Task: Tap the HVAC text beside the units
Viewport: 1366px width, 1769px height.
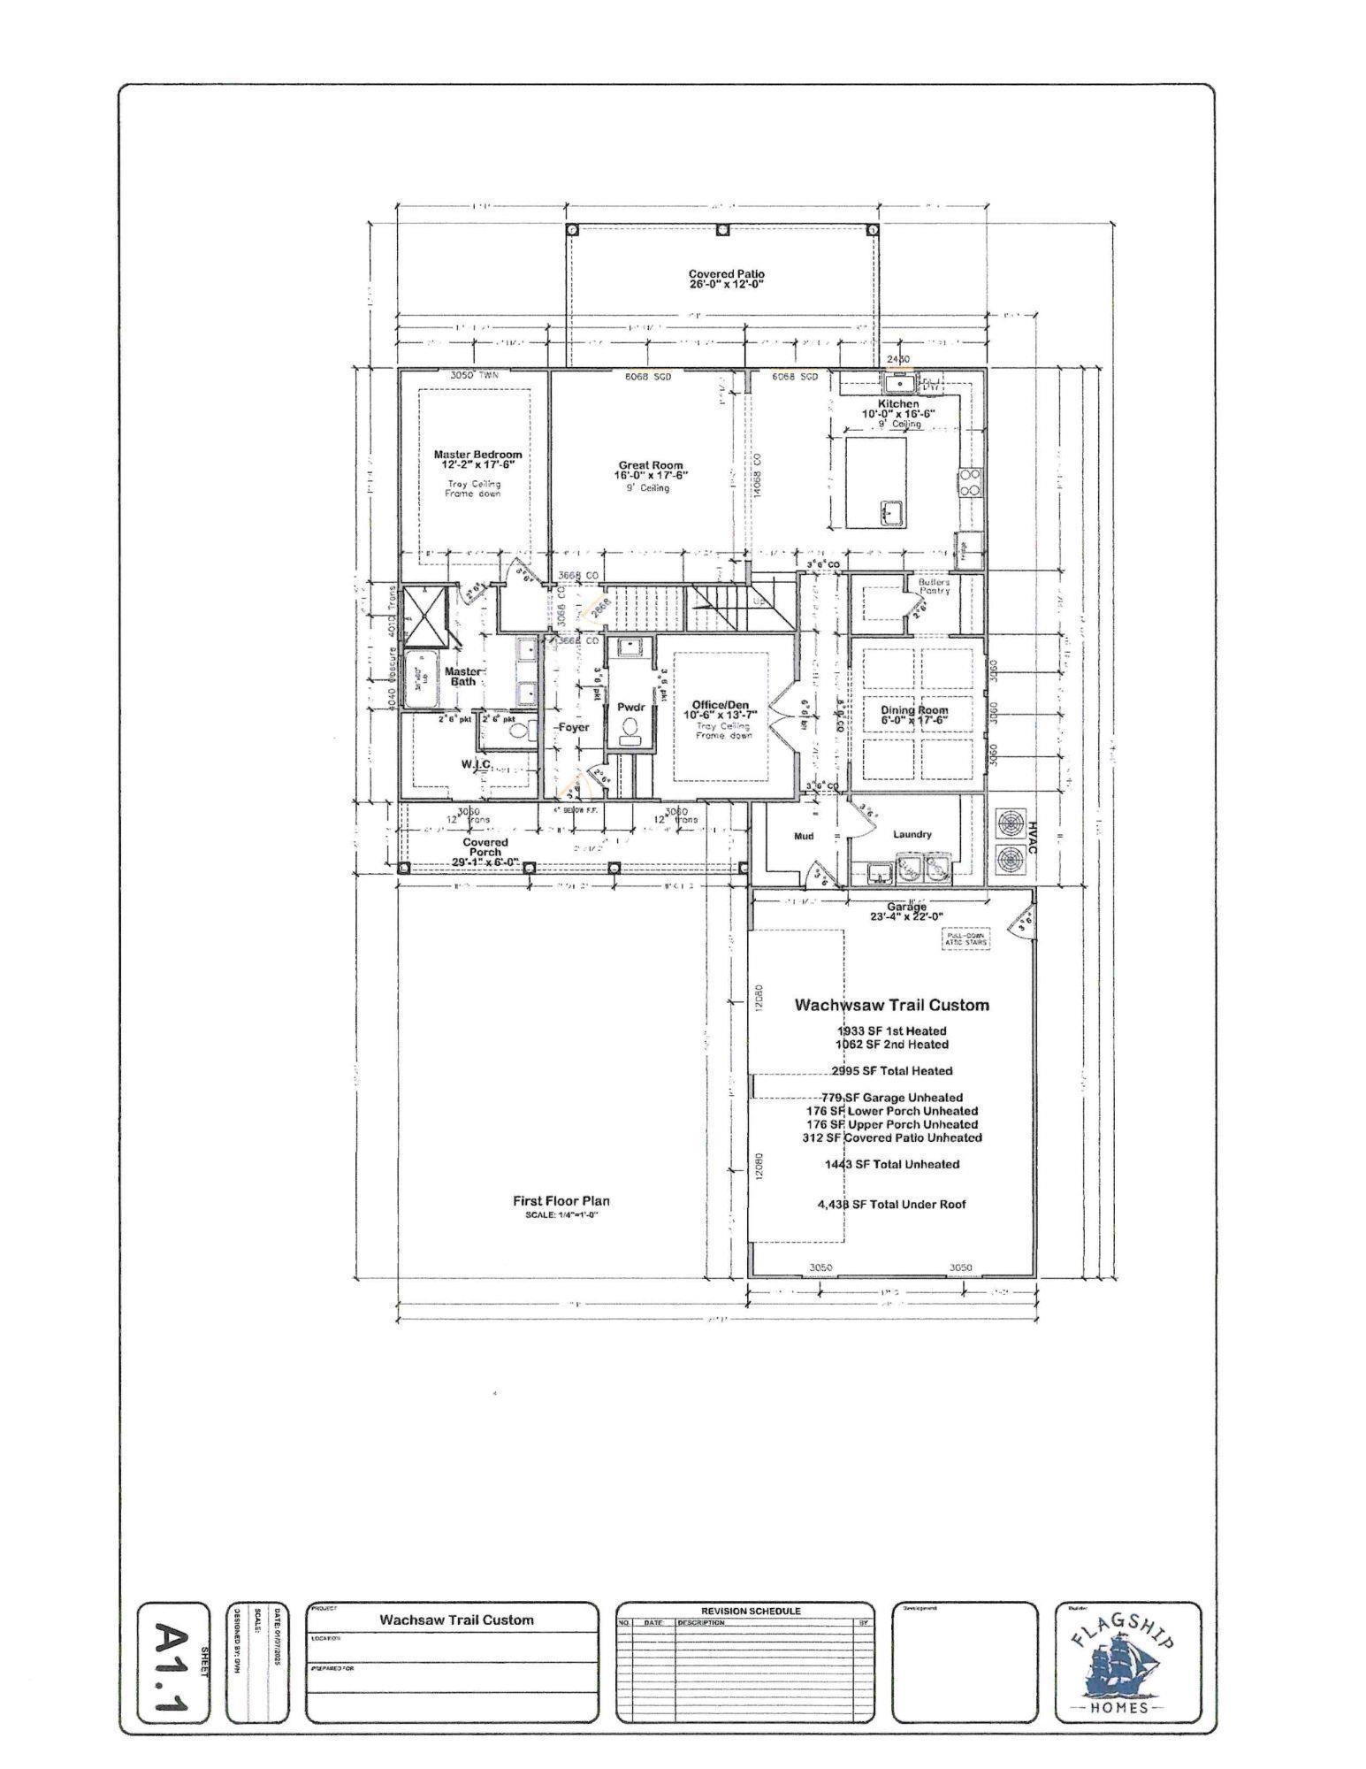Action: click(x=1031, y=837)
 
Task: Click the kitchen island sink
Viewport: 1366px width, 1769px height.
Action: click(x=889, y=511)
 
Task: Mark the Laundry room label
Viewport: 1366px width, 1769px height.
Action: click(x=912, y=834)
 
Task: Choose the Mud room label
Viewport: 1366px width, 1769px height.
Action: click(x=803, y=836)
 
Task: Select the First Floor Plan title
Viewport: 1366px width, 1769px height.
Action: click(x=561, y=1201)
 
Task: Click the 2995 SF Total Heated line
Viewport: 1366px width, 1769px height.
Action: click(x=891, y=1071)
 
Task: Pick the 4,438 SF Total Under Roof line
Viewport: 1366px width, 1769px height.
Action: click(x=891, y=1205)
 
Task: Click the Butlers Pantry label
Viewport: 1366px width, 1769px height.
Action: click(x=933, y=586)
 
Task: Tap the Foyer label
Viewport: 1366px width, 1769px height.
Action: click(x=573, y=727)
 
